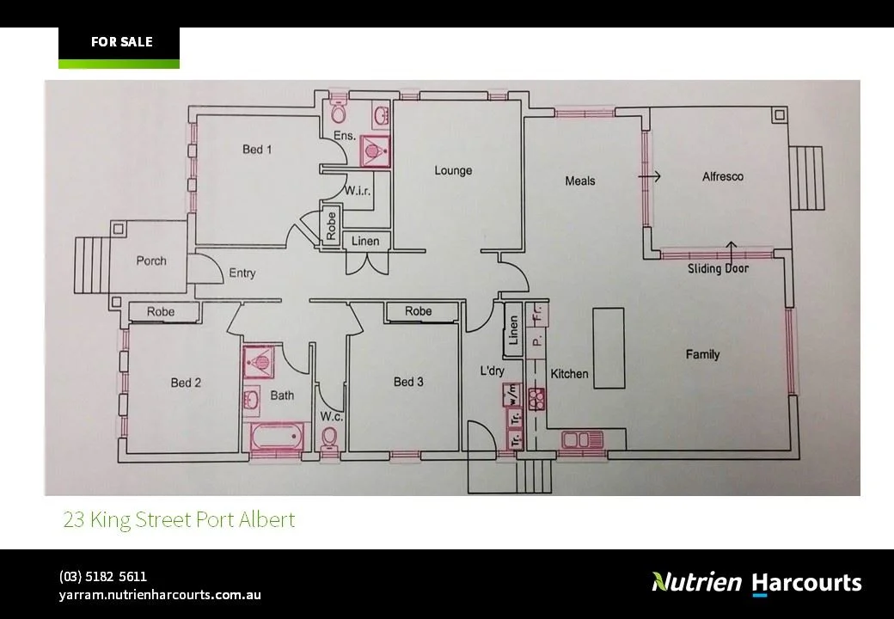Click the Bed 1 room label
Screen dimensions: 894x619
pos(257,150)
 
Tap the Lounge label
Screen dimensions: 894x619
pos(453,170)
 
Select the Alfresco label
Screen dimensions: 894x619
pos(722,176)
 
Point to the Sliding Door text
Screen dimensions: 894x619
pos(718,268)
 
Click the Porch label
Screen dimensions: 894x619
pos(151,260)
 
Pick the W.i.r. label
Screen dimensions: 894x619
pos(358,191)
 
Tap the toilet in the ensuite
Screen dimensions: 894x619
pos(339,113)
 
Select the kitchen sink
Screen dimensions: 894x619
pos(582,440)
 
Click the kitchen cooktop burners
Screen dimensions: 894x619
pos(537,398)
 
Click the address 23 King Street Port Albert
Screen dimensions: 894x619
pos(179,519)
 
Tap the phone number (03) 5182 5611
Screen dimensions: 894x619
pos(103,576)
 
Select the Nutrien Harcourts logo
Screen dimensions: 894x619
pos(756,582)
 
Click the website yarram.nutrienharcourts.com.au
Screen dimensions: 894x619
pos(160,594)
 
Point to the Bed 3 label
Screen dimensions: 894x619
pos(408,382)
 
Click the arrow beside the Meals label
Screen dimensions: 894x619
pos(649,176)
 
